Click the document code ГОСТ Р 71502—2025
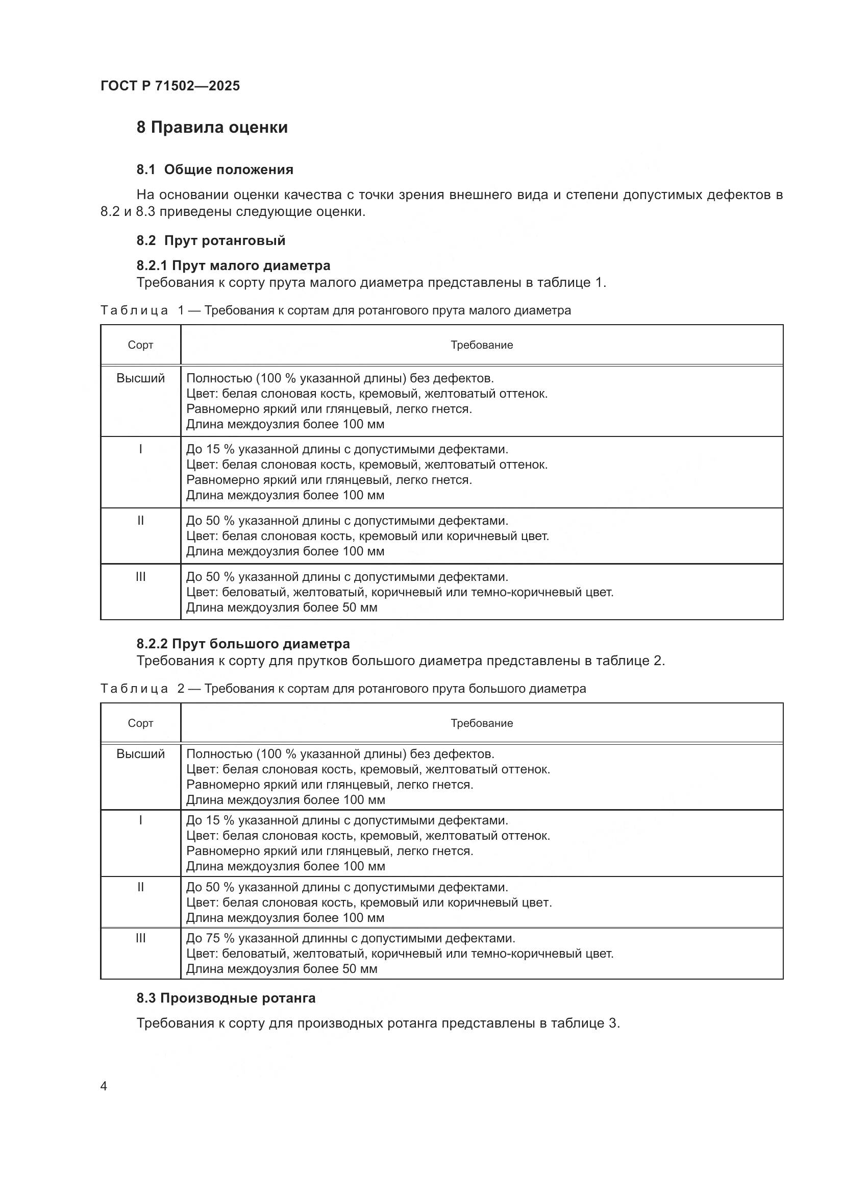pos(170,86)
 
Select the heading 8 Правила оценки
pos(212,128)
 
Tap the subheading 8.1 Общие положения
pos(215,169)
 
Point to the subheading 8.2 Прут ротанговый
pos(211,240)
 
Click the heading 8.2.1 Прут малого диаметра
pos(233,265)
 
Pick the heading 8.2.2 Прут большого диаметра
pos(243,644)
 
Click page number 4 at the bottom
pos(104,1086)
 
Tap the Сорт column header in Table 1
pos(140,345)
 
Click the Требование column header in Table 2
pos(481,723)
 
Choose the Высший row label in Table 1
pos(140,378)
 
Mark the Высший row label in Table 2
pos(140,754)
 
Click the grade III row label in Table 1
pos(140,577)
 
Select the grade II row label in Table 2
pos(140,887)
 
